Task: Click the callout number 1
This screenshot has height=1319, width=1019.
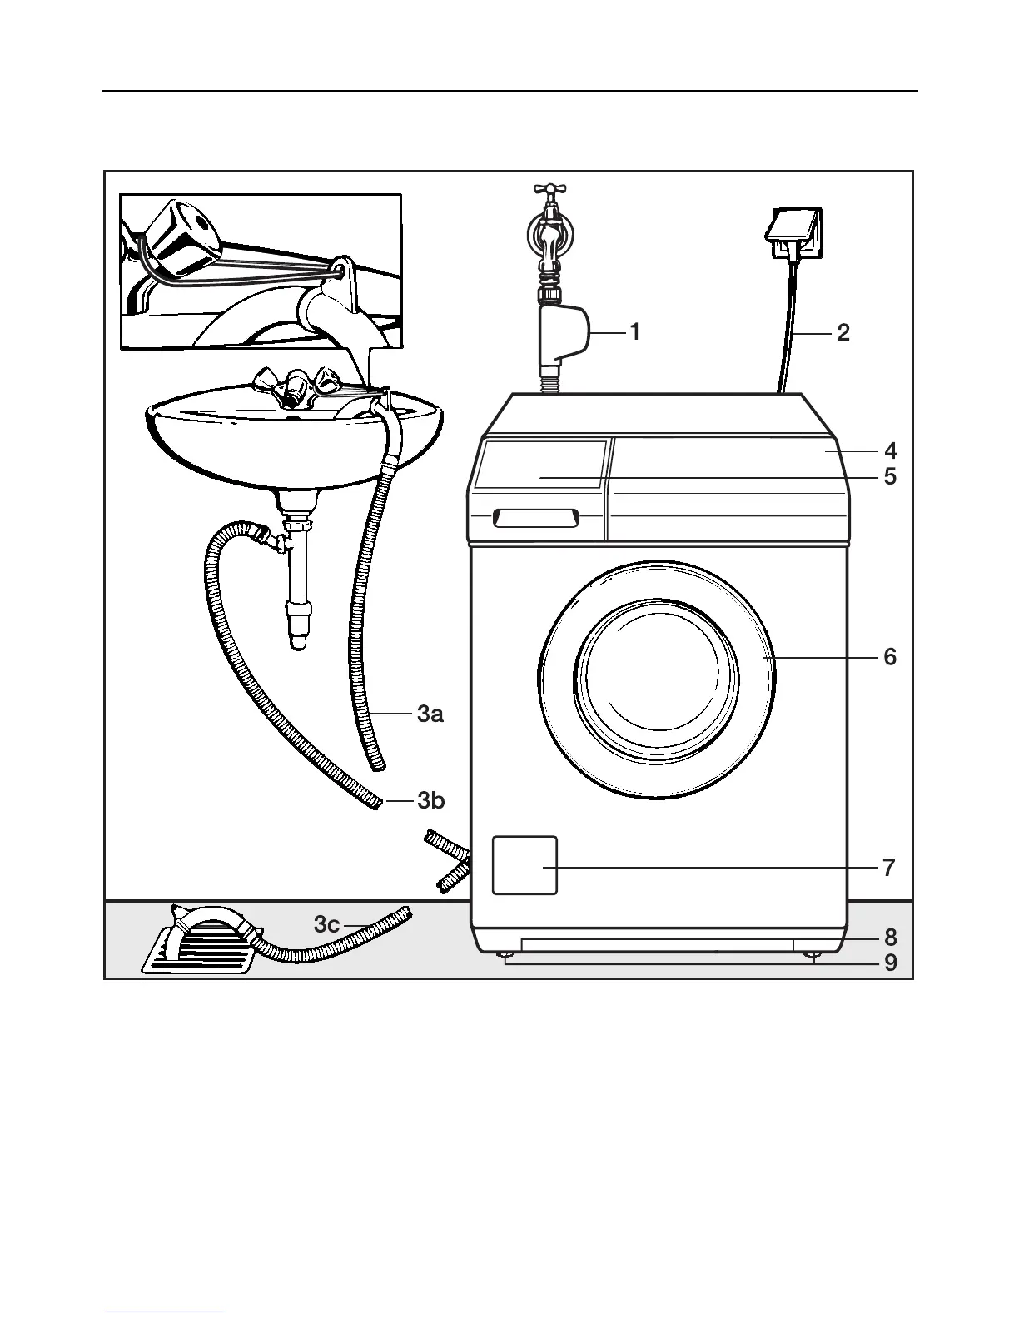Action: (x=635, y=332)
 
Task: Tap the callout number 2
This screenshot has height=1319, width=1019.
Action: (x=843, y=333)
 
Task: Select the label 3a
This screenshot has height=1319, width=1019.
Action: (x=430, y=714)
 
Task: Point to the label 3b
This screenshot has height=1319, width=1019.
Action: (x=430, y=801)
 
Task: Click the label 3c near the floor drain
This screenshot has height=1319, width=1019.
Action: (x=326, y=924)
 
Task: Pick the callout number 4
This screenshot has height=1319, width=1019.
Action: (x=890, y=451)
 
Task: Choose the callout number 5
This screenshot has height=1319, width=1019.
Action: (x=890, y=477)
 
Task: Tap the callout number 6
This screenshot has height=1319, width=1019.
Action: (x=890, y=657)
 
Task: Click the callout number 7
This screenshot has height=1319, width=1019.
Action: (x=889, y=868)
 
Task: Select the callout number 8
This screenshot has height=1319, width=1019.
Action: (x=890, y=937)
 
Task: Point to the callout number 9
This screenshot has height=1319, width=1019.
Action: (x=890, y=963)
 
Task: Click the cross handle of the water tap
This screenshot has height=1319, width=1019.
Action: (x=549, y=189)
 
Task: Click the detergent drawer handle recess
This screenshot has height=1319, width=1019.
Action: (x=535, y=519)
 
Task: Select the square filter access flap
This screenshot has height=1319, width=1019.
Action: (x=524, y=865)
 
